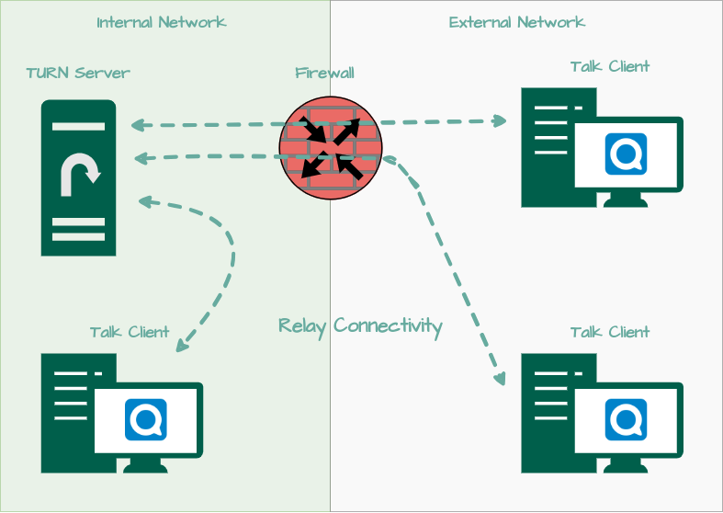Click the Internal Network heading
pyautogui.click(x=162, y=22)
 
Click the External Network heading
pyautogui.click(x=516, y=22)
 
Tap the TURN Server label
pyautogui.click(x=78, y=73)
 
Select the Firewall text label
pyautogui.click(x=324, y=73)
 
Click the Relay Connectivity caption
pyautogui.click(x=360, y=325)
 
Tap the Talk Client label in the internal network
pyautogui.click(x=130, y=332)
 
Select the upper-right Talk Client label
pyautogui.click(x=609, y=66)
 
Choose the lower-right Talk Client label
pyautogui.click(x=609, y=332)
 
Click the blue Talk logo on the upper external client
pyautogui.click(x=627, y=154)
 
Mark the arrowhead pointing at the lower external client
pyautogui.click(x=500, y=377)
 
